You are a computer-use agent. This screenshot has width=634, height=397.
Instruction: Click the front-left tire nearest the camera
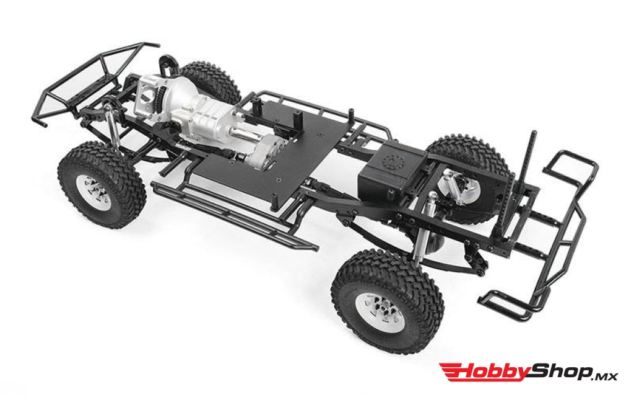[102, 184]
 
